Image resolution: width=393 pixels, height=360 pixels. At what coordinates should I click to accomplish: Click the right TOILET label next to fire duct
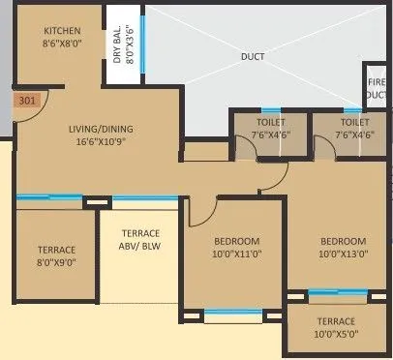click(x=355, y=123)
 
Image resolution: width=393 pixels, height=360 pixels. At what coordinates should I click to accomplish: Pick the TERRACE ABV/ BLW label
click(x=140, y=240)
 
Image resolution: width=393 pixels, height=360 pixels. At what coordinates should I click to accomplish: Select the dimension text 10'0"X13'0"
click(x=338, y=254)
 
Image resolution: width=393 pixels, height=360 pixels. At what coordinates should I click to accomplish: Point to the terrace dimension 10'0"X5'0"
click(x=334, y=335)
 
